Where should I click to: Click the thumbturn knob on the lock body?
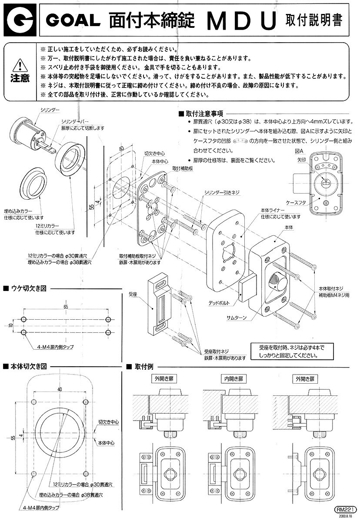click(277, 278)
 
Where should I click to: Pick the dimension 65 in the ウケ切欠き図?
click(66, 307)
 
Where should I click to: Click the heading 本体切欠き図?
click(28, 367)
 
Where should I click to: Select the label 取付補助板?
click(183, 168)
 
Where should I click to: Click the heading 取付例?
click(143, 367)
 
